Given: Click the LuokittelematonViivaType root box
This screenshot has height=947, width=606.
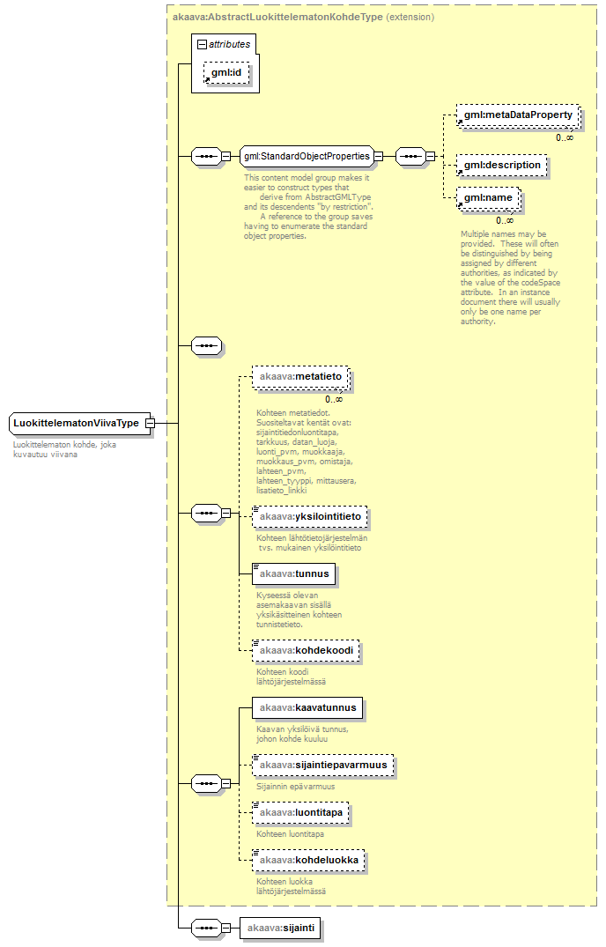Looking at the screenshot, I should point(77,423).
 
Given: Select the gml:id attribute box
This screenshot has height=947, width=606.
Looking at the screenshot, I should point(226,71).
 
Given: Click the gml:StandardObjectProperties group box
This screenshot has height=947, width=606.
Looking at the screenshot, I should point(307,157).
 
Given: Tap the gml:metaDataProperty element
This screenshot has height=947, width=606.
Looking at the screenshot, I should point(518,115).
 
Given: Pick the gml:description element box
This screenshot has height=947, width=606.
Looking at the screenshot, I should point(502,165).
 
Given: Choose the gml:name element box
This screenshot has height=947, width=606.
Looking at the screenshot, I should point(488,198).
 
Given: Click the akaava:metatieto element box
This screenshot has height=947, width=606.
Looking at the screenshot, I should point(299,377).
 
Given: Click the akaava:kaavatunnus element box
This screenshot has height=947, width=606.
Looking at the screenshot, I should point(307,707).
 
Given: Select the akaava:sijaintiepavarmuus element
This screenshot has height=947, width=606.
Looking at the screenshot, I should point(321,765).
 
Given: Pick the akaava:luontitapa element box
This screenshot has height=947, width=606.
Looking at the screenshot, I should point(300,811).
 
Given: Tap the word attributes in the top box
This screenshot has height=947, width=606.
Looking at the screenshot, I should point(229,44).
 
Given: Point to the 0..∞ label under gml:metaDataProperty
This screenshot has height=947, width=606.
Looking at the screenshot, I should point(565,137).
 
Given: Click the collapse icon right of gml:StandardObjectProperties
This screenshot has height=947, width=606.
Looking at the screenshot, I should point(378,157).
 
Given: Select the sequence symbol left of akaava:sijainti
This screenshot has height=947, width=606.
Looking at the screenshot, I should point(205,928).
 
